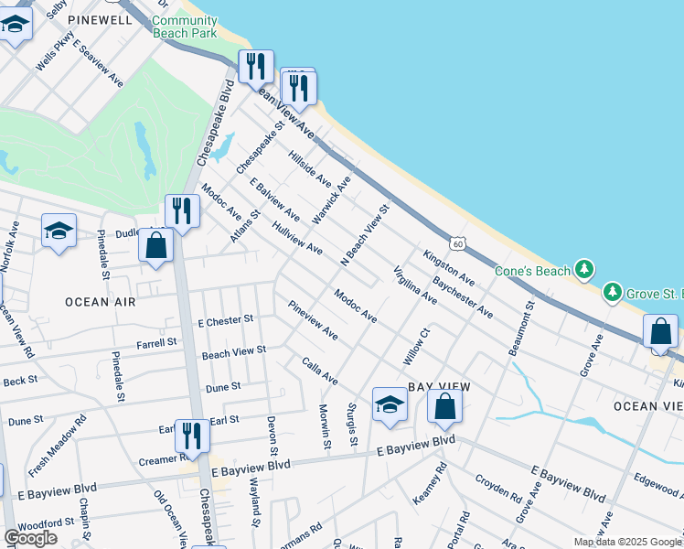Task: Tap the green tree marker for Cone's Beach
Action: tap(583, 270)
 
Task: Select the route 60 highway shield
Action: tap(457, 243)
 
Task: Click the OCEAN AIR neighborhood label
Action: tap(101, 301)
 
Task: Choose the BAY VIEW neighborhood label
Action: tap(433, 387)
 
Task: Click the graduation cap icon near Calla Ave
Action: tap(390, 406)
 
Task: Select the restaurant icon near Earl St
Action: tap(192, 436)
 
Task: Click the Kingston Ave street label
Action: tap(448, 265)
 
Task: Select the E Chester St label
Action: tap(225, 322)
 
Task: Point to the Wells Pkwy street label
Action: tap(54, 53)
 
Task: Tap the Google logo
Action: tap(30, 538)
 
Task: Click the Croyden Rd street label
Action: tap(497, 490)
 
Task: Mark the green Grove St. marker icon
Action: tap(611, 293)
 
